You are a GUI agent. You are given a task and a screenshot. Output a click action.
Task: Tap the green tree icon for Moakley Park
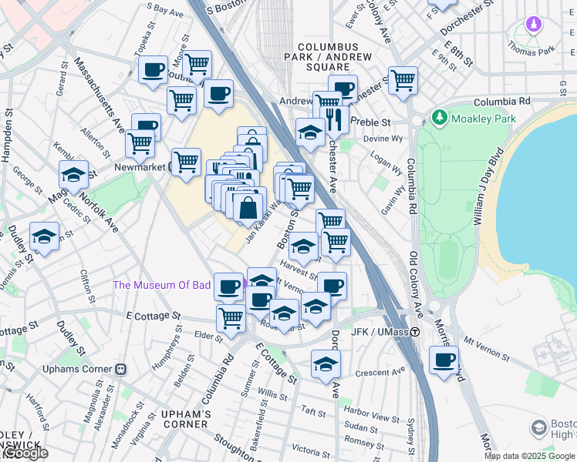439,118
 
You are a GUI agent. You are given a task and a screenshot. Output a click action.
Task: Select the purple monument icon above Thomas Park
532,25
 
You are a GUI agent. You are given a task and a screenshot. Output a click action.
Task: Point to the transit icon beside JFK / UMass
415,332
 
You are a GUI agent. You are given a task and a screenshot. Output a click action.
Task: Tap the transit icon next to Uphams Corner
120,368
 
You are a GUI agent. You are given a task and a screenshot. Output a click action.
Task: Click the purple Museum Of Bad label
162,285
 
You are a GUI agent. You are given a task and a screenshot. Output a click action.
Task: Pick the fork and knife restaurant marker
334,119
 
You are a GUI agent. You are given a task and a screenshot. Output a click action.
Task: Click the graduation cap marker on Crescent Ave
326,364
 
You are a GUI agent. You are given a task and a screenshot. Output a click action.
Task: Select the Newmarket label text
141,166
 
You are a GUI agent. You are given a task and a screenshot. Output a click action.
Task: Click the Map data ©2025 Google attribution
528,456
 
